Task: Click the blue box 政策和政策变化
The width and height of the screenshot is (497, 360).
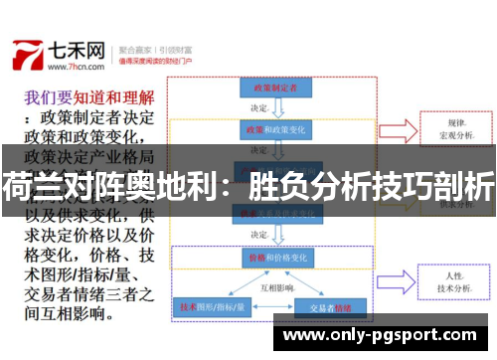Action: point(268,130)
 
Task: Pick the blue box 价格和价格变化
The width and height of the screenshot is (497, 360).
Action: point(268,256)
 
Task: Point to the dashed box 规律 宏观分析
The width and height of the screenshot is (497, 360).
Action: point(458,130)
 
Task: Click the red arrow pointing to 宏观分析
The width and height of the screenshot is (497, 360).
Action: point(398,130)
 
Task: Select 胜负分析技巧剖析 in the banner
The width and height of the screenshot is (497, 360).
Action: point(373,184)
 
